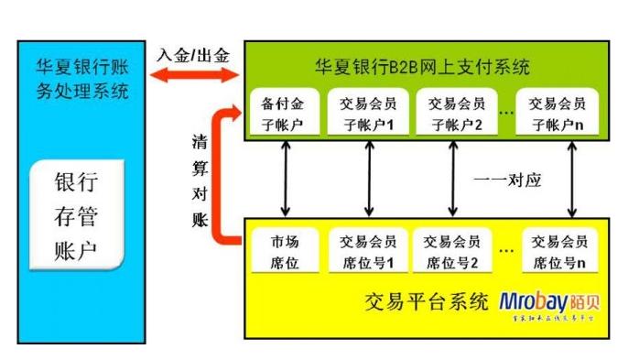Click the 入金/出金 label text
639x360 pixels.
tap(193, 54)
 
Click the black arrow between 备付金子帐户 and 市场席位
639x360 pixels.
tap(287, 177)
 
